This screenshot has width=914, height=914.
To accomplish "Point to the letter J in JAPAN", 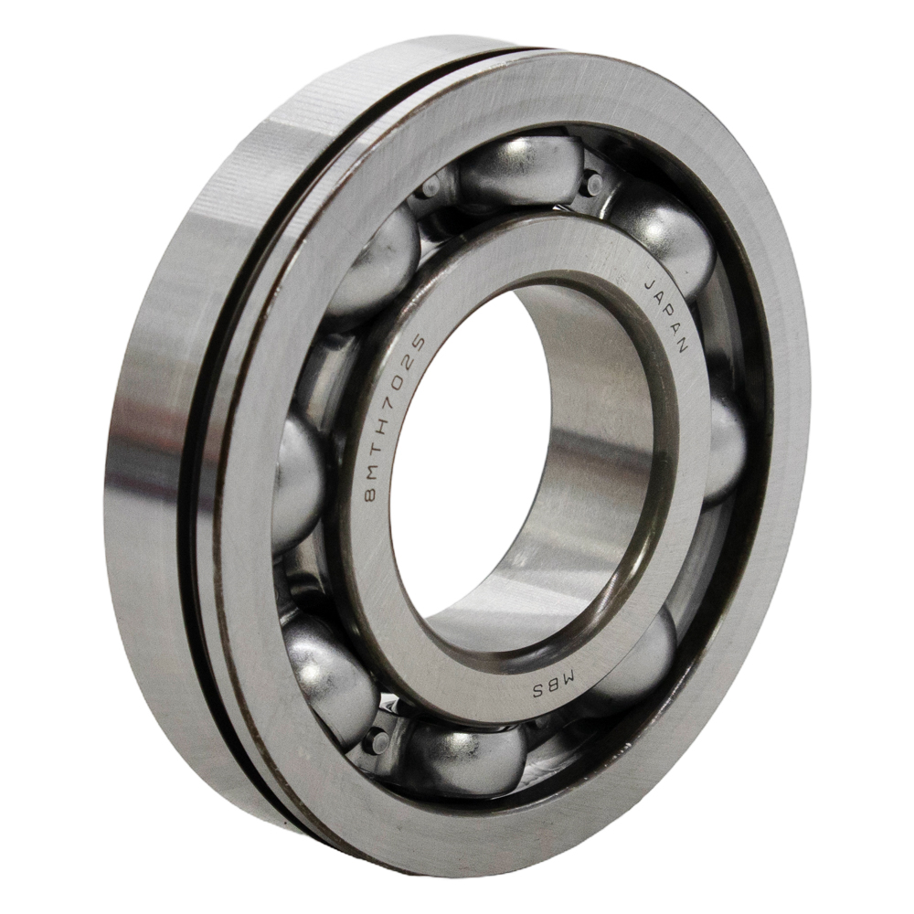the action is [650, 285].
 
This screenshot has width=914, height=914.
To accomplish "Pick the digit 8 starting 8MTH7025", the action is [370, 495].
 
